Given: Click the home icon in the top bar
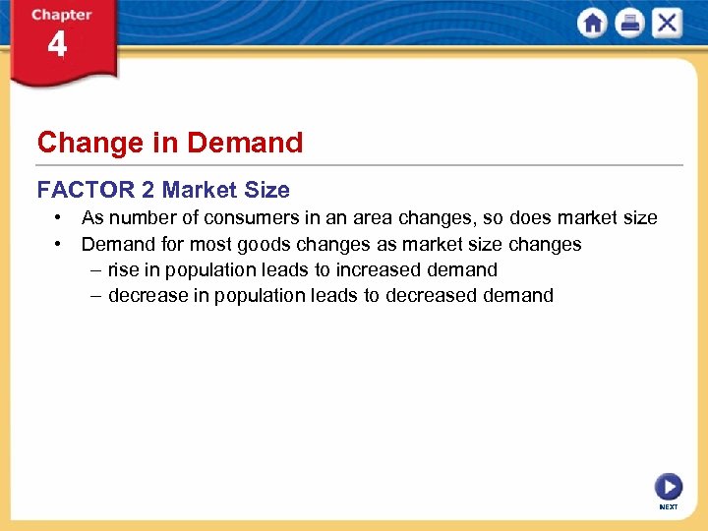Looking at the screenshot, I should tap(593, 23).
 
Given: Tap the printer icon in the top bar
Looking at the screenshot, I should tap(629, 23).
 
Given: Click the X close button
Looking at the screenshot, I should tap(667, 23).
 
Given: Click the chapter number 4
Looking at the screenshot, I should tap(57, 45).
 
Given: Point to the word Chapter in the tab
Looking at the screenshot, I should tap(61, 15).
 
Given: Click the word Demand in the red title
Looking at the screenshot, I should tap(245, 143).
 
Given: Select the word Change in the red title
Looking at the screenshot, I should tap(89, 143).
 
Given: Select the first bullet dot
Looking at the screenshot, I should tap(60, 217).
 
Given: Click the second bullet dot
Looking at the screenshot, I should tap(60, 244).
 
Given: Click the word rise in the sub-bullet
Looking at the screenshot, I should tap(124, 269).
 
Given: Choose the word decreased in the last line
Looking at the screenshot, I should tap(430, 295).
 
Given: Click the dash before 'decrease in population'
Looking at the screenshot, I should tap(94, 295).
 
